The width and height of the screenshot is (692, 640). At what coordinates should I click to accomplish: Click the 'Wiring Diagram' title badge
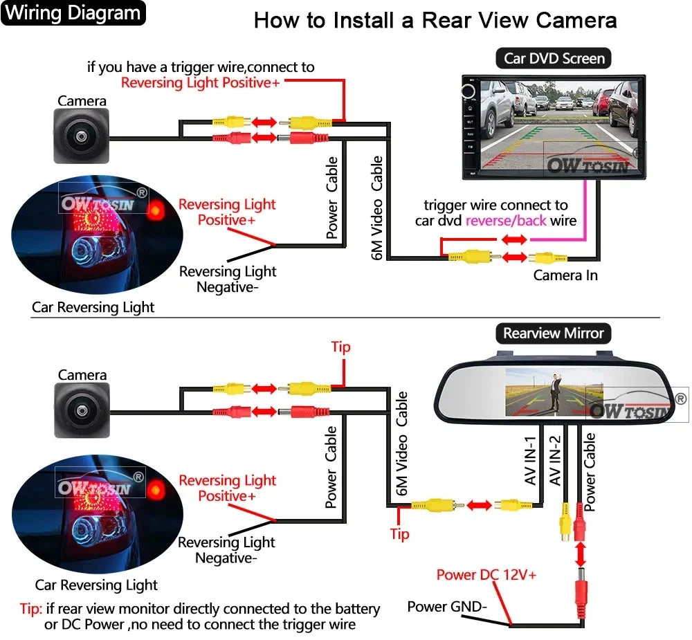click(73, 13)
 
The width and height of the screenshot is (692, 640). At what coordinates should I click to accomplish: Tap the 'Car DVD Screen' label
click(554, 58)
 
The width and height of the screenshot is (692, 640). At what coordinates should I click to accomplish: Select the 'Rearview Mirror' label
click(553, 333)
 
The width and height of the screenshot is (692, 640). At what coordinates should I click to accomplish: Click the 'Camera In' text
click(565, 275)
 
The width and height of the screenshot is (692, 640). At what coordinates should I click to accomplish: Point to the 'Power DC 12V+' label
click(486, 574)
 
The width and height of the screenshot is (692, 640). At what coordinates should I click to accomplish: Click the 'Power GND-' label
click(447, 607)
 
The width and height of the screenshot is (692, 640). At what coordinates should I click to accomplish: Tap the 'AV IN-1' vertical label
click(531, 461)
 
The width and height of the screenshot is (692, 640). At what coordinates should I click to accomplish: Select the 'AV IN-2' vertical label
click(554, 461)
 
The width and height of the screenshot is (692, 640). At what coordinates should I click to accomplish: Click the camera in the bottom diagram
click(82, 411)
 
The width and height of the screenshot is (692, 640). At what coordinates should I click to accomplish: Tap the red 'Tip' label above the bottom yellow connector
click(340, 347)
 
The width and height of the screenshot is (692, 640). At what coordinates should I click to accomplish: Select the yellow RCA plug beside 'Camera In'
click(547, 258)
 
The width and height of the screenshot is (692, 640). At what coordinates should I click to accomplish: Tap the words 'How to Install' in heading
click(325, 20)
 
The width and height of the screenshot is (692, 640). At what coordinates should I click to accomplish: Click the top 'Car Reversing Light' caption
click(93, 307)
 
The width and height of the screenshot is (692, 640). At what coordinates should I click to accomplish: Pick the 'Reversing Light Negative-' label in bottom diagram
click(226, 550)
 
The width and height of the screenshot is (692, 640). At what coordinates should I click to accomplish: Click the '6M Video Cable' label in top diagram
click(377, 208)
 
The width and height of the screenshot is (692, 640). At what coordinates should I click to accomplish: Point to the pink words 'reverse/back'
click(506, 221)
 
